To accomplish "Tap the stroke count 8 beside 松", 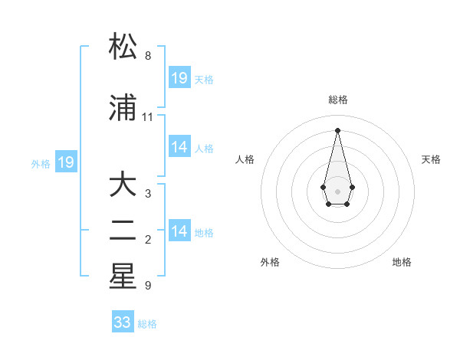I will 148,56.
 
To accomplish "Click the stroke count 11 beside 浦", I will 148,117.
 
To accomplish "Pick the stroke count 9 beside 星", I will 148,286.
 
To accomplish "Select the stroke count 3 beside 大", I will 148,194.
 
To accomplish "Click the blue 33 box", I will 123,322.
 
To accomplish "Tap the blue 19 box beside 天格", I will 179,78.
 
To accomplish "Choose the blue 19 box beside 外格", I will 66,162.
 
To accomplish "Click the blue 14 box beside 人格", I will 179,147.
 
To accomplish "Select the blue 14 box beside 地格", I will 179,231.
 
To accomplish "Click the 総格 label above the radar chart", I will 338,100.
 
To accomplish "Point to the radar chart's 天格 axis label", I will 431,159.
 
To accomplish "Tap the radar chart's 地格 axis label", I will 402,263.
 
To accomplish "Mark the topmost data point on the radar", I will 337,129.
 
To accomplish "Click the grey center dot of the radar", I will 337,190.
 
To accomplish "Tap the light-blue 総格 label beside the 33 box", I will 147,324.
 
